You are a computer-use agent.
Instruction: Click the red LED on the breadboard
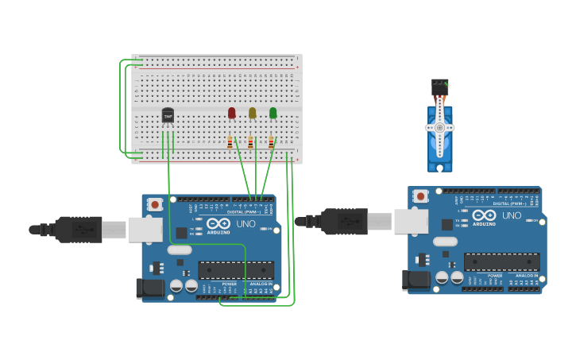click(x=232, y=113)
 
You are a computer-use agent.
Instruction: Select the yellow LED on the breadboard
click(x=253, y=113)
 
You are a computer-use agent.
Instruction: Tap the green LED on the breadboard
click(x=273, y=113)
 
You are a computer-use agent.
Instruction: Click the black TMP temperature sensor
click(x=168, y=116)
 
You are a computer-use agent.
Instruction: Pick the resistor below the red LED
click(x=230, y=142)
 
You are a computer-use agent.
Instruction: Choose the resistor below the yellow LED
click(x=251, y=142)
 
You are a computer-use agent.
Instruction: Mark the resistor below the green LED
click(x=272, y=142)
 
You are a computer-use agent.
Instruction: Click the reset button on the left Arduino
click(x=155, y=204)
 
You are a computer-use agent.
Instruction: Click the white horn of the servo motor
click(x=439, y=127)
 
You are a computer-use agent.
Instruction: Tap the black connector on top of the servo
click(x=439, y=86)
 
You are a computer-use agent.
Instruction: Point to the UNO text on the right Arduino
click(x=512, y=215)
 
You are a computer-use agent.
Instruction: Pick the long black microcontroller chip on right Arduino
click(x=501, y=261)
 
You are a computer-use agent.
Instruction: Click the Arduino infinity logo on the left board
click(x=218, y=224)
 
